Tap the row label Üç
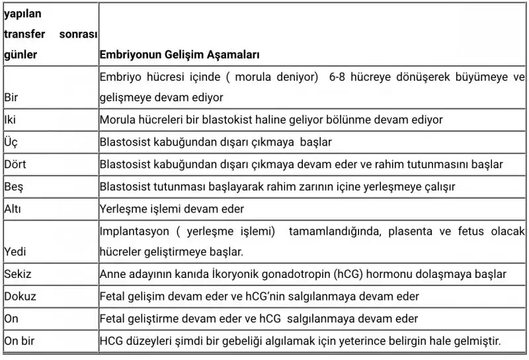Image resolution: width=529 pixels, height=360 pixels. click(11, 142)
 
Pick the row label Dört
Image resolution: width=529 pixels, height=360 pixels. click(15, 164)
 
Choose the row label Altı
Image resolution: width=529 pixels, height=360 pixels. click(13, 209)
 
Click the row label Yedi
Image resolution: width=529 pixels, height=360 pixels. click(15, 252)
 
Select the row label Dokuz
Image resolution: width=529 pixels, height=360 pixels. click(18, 296)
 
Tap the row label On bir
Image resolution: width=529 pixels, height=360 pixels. click(20, 341)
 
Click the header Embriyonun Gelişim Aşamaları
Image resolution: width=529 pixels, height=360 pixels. click(179, 54)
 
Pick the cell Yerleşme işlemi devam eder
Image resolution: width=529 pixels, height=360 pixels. click(172, 209)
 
